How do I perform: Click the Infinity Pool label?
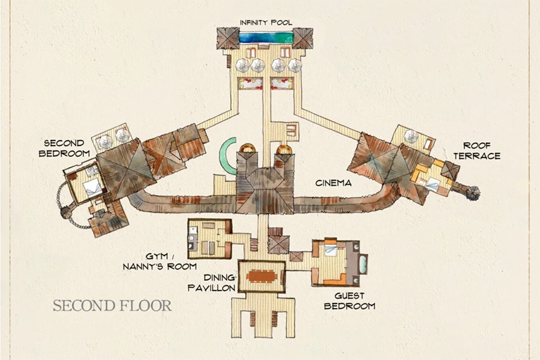[266, 23]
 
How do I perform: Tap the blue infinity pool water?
[266, 37]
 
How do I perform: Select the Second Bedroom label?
[64, 148]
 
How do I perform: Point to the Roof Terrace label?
[477, 151]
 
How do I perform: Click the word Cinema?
[334, 183]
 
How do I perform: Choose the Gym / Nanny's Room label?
[160, 261]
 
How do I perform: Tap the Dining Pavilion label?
[212, 283]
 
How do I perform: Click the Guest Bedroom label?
[350, 301]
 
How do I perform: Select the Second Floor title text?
[112, 305]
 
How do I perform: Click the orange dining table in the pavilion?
[262, 276]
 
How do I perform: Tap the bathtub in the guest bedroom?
[363, 264]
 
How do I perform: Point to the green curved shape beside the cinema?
[226, 156]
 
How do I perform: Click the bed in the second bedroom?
[92, 188]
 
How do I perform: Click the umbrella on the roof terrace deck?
[411, 136]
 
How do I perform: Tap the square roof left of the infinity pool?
[228, 38]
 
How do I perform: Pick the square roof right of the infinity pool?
[302, 38]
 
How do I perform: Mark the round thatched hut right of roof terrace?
[473, 193]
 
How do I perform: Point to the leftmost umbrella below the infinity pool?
[242, 65]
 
